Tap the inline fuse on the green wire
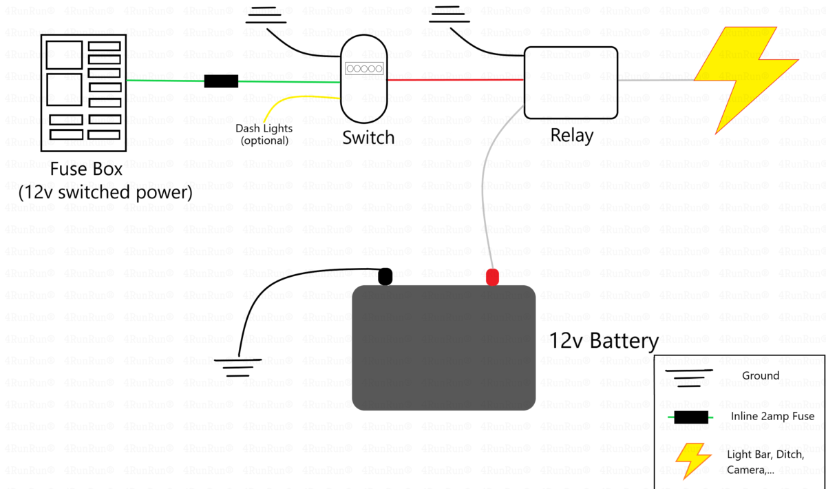[221, 81]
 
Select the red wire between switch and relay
[454, 80]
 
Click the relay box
[571, 82]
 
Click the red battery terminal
[492, 278]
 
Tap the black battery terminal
[385, 277]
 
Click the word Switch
[368, 137]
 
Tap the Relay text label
[571, 135]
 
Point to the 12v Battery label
[603, 341]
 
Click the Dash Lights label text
[264, 128]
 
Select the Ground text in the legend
[761, 376]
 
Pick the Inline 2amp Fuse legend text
[772, 416]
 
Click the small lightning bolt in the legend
[692, 460]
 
